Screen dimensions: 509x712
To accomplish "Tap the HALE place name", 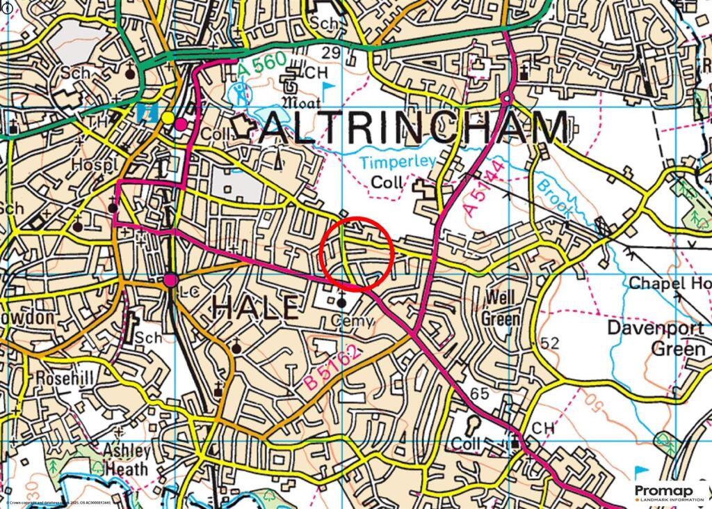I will [254, 308].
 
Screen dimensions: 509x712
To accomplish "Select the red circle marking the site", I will [357, 253].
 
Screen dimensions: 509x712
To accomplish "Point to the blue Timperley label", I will [398, 162].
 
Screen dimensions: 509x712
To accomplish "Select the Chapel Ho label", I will [670, 283].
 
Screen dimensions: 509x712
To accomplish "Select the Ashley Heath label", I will [126, 460].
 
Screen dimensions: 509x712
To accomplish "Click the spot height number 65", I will [479, 394].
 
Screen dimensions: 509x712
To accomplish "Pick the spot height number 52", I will [549, 343].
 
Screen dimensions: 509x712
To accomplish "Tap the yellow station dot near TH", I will [168, 118].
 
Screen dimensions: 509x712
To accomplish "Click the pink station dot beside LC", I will [171, 280].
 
